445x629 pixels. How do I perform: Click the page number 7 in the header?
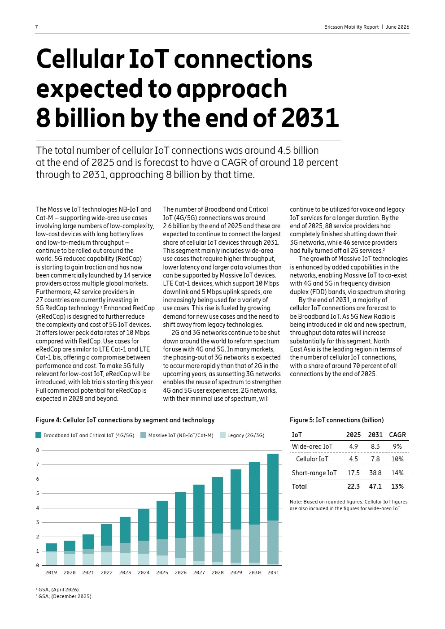pyautogui.click(x=36, y=27)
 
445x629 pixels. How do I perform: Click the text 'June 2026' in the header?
pyautogui.click(x=397, y=27)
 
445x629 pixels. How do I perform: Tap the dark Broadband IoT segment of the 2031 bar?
pyautogui.click(x=273, y=487)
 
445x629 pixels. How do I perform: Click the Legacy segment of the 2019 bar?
pyautogui.click(x=51, y=559)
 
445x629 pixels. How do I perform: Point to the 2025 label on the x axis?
pyautogui.click(x=162, y=573)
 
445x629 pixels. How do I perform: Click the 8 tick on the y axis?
pyautogui.click(x=38, y=451)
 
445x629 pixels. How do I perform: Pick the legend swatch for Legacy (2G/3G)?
pyautogui.click(x=222, y=435)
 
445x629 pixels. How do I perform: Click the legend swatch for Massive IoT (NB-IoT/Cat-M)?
pyautogui.click(x=143, y=435)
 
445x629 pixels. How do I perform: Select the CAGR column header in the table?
pyautogui.click(x=397, y=435)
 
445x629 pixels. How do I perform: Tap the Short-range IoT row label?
pyautogui.click(x=314, y=473)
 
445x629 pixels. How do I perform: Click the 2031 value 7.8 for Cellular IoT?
pyautogui.click(x=375, y=459)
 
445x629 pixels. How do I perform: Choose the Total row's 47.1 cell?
pyautogui.click(x=375, y=486)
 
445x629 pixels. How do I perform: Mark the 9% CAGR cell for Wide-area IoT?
pyautogui.click(x=397, y=447)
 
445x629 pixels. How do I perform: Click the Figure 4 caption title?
pyautogui.click(x=125, y=420)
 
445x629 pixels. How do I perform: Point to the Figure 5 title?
pyautogui.click(x=336, y=420)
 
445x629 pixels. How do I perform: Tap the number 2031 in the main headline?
pyautogui.click(x=310, y=117)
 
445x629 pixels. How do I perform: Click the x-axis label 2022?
pyautogui.click(x=106, y=573)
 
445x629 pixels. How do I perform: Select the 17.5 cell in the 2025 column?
pyautogui.click(x=353, y=473)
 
